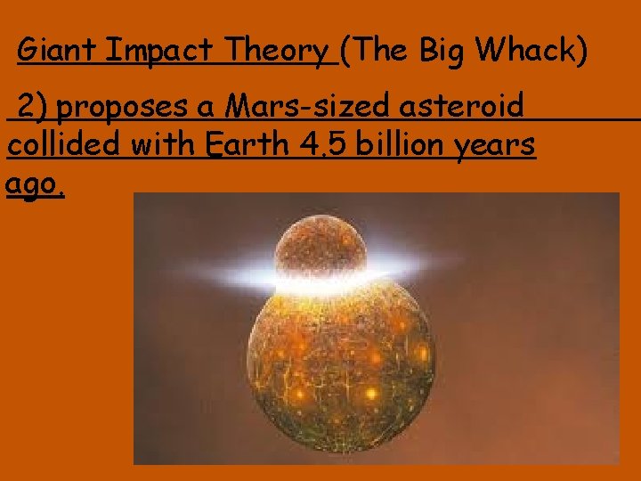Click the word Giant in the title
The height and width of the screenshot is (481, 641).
tap(58, 52)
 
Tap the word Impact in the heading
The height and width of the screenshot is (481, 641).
tap(161, 52)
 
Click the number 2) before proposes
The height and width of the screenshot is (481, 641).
tap(35, 108)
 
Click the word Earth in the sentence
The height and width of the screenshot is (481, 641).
tap(244, 143)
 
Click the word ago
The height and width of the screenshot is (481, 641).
tap(34, 185)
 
